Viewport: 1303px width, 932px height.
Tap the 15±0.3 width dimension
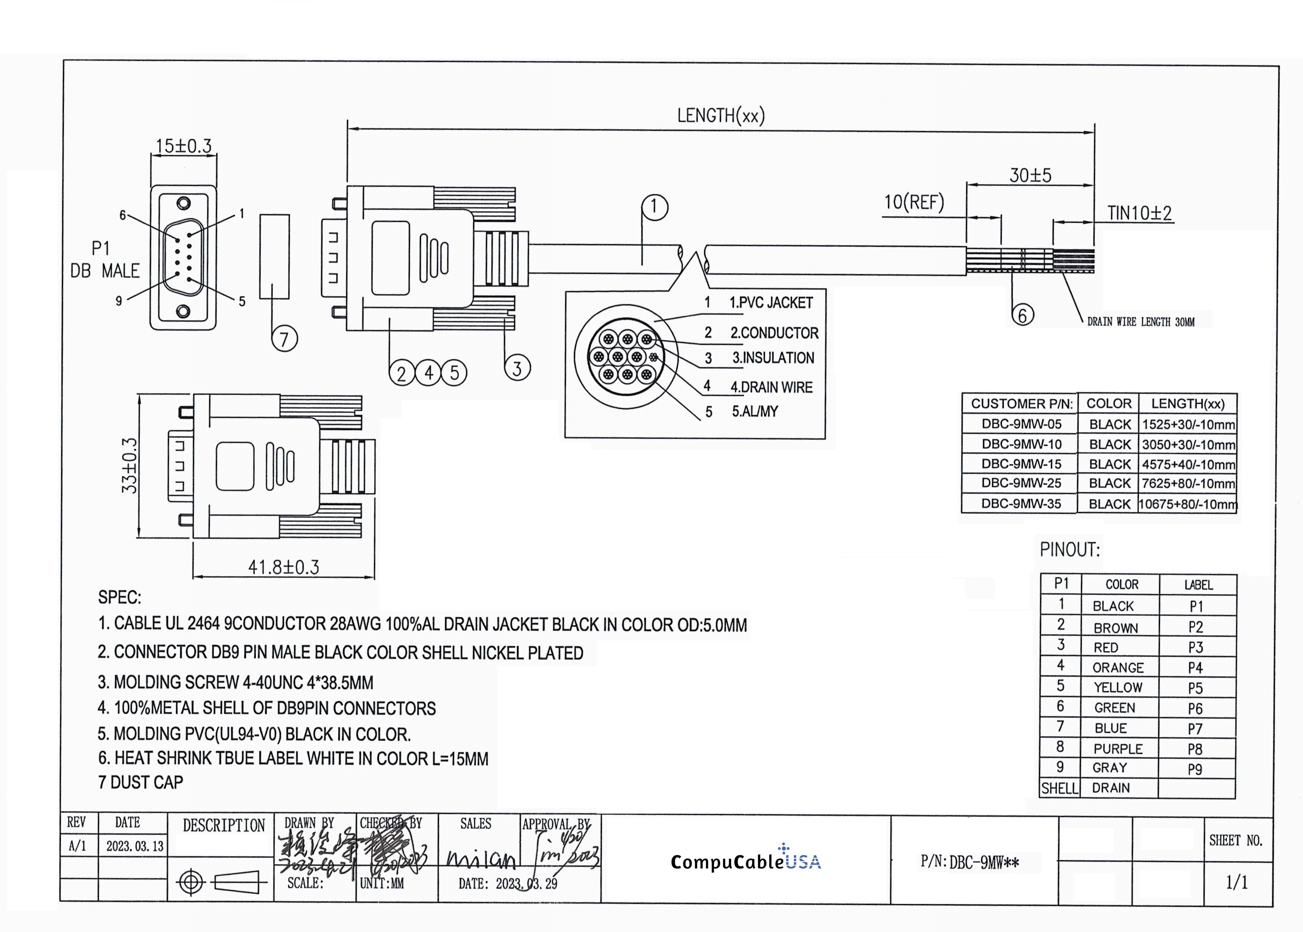tap(184, 146)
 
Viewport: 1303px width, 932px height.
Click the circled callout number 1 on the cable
tap(655, 207)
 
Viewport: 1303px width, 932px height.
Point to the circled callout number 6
tap(1022, 315)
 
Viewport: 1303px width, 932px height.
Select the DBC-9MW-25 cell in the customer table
tap(1021, 483)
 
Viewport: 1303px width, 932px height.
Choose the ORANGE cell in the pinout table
tap(1118, 668)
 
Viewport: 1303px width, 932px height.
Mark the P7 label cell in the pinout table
tap(1195, 729)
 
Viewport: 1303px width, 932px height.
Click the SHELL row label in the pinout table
tap(1059, 788)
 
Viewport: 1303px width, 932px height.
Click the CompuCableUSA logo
tap(745, 861)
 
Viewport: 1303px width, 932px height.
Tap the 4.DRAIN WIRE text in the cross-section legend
tap(771, 387)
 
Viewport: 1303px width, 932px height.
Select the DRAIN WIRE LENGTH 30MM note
tap(1141, 322)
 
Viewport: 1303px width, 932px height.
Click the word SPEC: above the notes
tap(119, 597)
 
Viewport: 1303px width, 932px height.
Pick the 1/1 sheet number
tap(1237, 882)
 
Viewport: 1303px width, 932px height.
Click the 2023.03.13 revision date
tap(135, 846)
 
